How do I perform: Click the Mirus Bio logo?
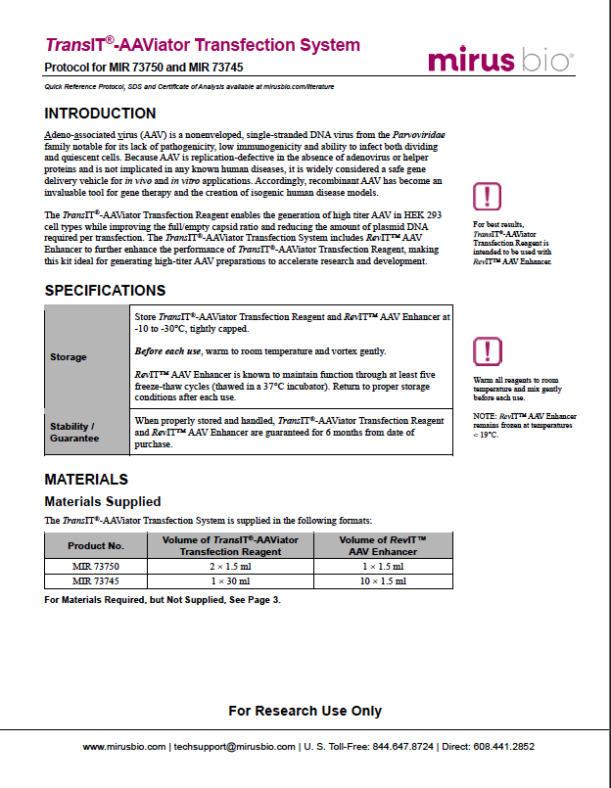[499, 59]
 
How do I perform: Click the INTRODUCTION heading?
[100, 114]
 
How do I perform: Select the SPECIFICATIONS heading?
[105, 291]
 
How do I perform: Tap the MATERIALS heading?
[86, 480]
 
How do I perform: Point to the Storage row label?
[69, 357]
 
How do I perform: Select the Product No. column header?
[96, 545]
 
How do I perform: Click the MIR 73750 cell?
[96, 566]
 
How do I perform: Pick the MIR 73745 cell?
[96, 581]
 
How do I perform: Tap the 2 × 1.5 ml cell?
[230, 566]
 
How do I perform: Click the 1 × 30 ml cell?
[230, 581]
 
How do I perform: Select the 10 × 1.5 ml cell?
[382, 581]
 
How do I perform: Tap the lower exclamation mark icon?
[487, 351]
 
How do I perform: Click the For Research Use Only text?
[305, 711]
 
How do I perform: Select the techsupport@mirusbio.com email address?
[234, 746]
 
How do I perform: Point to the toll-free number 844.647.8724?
[402, 746]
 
